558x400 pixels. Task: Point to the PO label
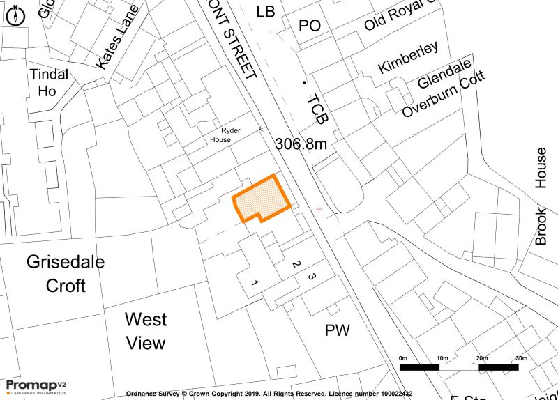point(309,26)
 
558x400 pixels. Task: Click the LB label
point(266,11)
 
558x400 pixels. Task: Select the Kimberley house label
point(408,57)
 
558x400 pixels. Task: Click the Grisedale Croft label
point(66,273)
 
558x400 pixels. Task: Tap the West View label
point(145,331)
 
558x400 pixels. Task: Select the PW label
point(337,330)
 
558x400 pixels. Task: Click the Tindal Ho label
point(48,82)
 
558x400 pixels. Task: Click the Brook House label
point(541,197)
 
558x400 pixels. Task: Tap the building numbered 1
point(255,283)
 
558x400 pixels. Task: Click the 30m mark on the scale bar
point(521,358)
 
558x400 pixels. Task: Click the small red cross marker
point(319,208)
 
